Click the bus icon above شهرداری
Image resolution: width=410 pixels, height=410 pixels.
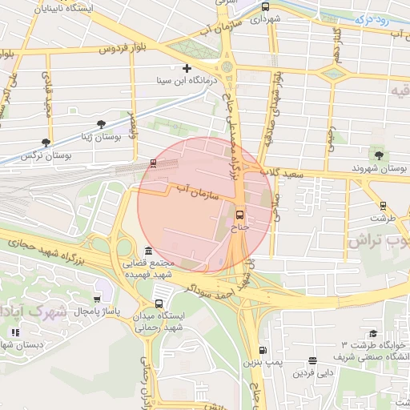click(265, 7)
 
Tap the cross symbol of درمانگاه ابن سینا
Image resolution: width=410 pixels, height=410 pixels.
click(187, 69)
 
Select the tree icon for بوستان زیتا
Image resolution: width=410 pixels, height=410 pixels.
click(101, 124)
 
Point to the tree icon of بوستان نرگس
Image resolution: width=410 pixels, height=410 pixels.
click(45, 143)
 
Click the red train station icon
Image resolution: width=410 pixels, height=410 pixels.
click(153, 163)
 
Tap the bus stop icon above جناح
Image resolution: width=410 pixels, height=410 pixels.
click(240, 215)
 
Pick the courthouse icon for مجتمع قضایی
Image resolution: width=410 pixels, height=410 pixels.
click(148, 251)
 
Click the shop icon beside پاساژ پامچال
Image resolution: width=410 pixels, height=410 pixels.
click(97, 299)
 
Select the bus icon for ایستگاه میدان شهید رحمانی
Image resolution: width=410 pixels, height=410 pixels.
click(159, 303)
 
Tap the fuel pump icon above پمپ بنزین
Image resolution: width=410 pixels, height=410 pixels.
click(263, 351)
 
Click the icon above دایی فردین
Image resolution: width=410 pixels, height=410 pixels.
click(312, 361)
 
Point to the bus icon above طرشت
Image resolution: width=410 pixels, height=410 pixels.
click(383, 205)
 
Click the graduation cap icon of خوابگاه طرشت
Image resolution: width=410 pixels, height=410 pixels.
click(372, 335)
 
